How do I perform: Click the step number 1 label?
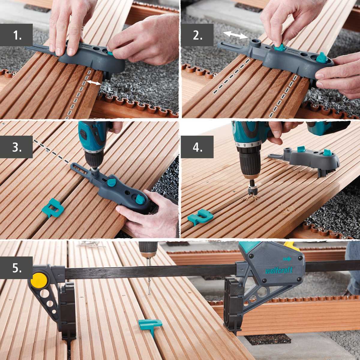16,35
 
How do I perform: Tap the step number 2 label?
197,35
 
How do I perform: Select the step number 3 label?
16,147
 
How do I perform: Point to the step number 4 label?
197,147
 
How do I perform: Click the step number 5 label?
16,268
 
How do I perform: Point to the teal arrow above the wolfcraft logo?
287,259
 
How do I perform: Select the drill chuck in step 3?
94,159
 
